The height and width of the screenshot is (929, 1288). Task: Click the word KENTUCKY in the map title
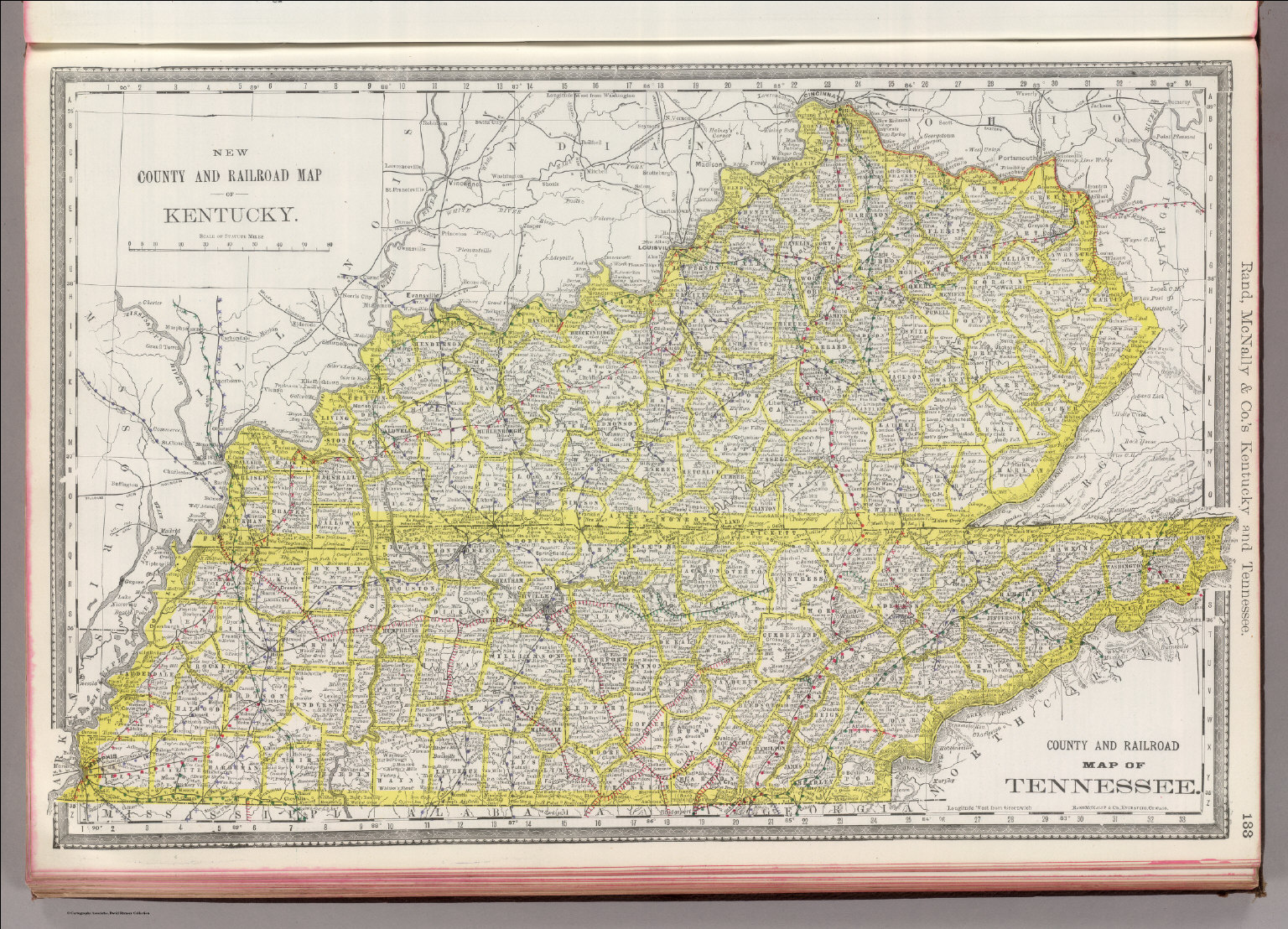pyautogui.click(x=230, y=215)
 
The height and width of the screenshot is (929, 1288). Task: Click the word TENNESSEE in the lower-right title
pyautogui.click(x=1100, y=786)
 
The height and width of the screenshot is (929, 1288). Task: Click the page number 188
pyautogui.click(x=1248, y=822)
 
